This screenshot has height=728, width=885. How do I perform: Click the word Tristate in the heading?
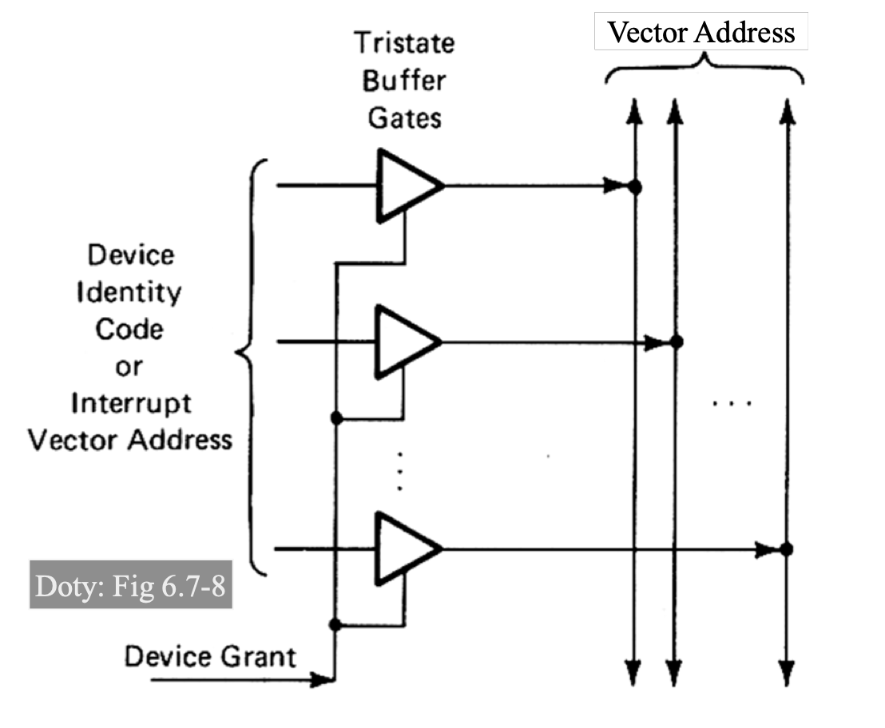tap(404, 43)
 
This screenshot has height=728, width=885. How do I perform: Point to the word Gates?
tap(404, 118)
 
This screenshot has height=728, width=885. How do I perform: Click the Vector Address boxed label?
tap(700, 33)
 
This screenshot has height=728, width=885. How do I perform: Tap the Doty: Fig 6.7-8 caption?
tap(130, 587)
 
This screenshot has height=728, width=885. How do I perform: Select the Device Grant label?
tap(210, 657)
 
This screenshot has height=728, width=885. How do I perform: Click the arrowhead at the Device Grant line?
tap(323, 681)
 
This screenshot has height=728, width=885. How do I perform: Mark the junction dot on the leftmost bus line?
tap(635, 187)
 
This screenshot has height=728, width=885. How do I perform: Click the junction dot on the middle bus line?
tap(677, 342)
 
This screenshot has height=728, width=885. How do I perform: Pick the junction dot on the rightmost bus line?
tap(787, 548)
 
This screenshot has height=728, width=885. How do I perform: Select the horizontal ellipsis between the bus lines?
tap(732, 403)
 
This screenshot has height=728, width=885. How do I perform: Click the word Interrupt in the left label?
tap(131, 403)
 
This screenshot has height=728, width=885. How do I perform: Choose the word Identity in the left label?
tap(129, 292)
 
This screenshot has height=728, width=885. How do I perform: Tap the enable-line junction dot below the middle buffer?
tap(337, 417)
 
